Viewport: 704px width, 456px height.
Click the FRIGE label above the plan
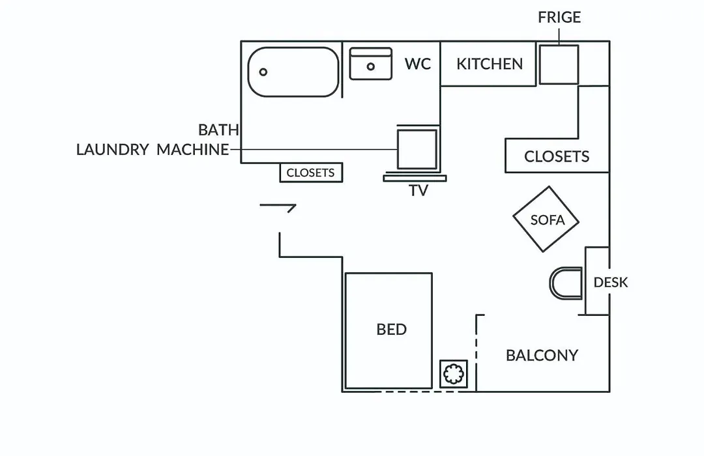pyautogui.click(x=559, y=17)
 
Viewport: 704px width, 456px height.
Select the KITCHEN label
pyautogui.click(x=490, y=64)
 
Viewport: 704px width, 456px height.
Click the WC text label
pyautogui.click(x=418, y=64)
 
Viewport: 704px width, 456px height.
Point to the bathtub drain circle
pyautogui.click(x=263, y=72)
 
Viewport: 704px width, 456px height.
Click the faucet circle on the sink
pyautogui.click(x=370, y=66)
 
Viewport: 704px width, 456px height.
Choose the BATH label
pyautogui.click(x=218, y=130)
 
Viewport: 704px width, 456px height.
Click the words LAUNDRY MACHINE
pyautogui.click(x=153, y=149)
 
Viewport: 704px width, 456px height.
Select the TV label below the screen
pyautogui.click(x=418, y=190)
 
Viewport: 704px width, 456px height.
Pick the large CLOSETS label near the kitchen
pyautogui.click(x=556, y=156)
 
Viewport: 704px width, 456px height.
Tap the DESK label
pyautogui.click(x=611, y=282)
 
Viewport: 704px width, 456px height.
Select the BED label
pyautogui.click(x=392, y=330)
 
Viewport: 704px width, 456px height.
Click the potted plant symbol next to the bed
pyautogui.click(x=454, y=374)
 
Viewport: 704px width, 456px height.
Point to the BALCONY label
pyautogui.click(x=542, y=356)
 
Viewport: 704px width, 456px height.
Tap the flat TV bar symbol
pyautogui.click(x=415, y=178)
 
